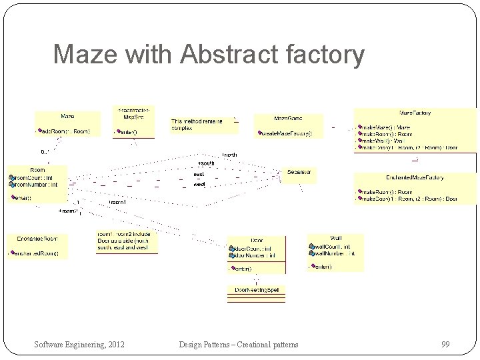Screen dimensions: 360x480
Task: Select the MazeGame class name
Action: coord(287,118)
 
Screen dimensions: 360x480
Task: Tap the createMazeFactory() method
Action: coord(287,133)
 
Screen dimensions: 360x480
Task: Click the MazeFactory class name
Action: coord(415,113)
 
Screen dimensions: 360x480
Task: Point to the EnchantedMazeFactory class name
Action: coord(415,178)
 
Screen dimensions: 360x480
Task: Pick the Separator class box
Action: coord(299,172)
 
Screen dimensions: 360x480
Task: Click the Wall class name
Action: coord(335,238)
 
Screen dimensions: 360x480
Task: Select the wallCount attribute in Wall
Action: coord(333,246)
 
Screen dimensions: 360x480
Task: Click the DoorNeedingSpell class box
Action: coord(257,290)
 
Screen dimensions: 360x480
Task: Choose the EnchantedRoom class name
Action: coord(37,238)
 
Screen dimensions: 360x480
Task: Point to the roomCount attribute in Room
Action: coord(35,177)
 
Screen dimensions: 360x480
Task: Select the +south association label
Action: coord(206,163)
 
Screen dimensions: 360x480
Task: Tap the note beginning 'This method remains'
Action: coord(197,124)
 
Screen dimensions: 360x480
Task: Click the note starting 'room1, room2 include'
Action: coord(127,241)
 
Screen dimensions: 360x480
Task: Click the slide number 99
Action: coord(445,344)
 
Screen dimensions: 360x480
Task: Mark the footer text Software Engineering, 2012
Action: coord(79,344)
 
